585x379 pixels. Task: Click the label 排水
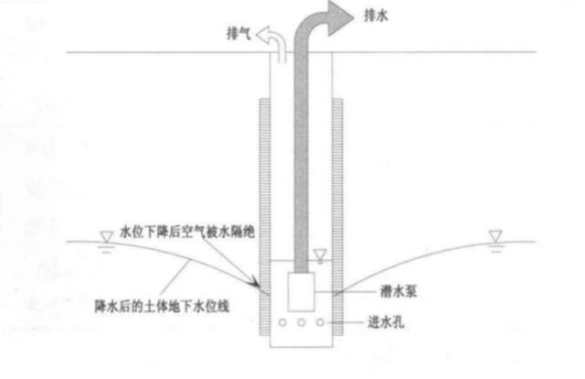pos(376,16)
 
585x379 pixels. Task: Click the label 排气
pos(239,33)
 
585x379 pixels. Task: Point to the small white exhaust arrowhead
pos(262,35)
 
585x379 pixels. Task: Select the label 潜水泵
pos(399,291)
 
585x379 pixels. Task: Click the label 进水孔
pos(386,322)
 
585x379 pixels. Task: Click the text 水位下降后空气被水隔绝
pos(187,233)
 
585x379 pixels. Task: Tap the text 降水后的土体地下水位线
pos(162,307)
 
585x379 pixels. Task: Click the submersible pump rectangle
pos(301,292)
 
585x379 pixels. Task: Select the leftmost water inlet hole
pos(282,322)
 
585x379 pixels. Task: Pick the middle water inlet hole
pos(301,322)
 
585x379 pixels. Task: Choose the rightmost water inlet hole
pos(320,322)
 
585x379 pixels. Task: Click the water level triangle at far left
pos(107,237)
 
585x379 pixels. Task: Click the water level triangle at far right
pos(495,236)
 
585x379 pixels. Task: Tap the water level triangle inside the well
pos(320,254)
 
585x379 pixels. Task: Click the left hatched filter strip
pos(265,217)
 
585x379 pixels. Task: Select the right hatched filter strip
pos(337,217)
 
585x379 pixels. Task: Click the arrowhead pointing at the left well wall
pos(256,282)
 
